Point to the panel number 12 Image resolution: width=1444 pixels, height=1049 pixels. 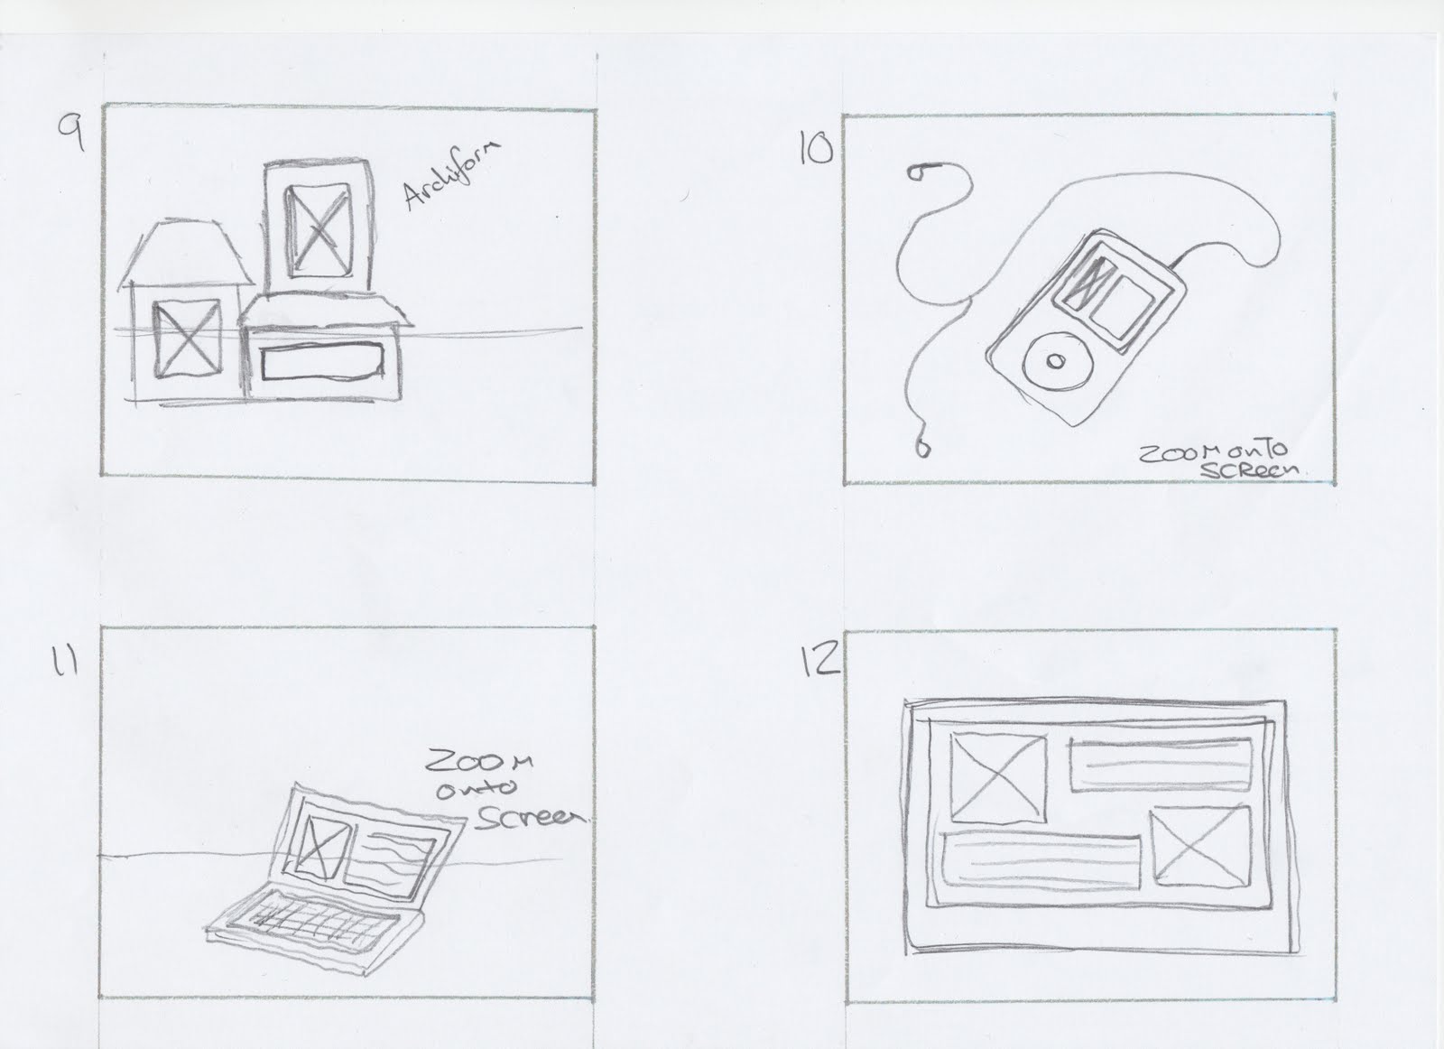coord(818,664)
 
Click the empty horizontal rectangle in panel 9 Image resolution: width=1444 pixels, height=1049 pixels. coord(320,365)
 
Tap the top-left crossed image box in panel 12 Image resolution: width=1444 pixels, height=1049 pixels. coord(998,775)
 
